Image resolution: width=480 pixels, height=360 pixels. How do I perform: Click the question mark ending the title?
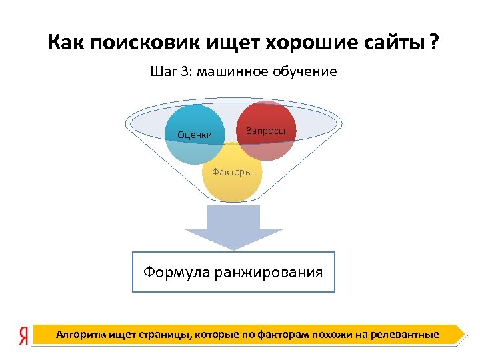coord(434,44)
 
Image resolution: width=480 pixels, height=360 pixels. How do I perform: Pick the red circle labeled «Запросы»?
coord(267,131)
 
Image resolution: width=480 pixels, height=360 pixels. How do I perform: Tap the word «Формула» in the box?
coord(176,272)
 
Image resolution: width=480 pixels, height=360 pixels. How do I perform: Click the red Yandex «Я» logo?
coord(23,335)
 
